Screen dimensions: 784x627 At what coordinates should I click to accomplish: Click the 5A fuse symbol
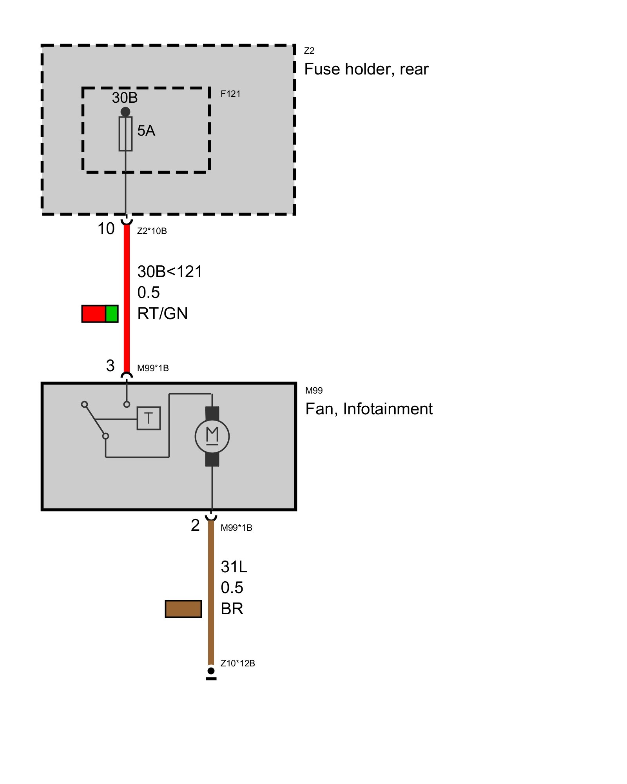125,134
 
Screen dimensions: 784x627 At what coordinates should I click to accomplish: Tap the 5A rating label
146,131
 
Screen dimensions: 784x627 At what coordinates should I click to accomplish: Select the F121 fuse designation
230,94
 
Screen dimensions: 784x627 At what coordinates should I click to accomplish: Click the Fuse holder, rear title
366,69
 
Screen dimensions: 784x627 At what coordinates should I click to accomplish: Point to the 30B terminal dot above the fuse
125,112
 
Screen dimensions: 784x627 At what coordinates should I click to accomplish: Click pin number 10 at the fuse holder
106,229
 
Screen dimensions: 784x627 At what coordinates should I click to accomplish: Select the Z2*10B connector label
152,231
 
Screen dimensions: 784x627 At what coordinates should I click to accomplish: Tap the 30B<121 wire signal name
170,272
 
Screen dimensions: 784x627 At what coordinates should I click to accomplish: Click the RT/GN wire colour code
163,314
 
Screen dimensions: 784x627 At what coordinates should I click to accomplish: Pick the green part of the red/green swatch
112,314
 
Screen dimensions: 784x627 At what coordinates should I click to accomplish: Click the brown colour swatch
183,609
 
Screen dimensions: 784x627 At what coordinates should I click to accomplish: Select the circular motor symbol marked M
212,436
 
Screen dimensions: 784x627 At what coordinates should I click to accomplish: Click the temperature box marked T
149,418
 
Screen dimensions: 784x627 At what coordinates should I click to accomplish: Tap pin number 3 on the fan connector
110,366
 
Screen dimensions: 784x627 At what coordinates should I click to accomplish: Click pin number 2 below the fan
195,525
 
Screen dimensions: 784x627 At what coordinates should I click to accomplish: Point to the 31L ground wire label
234,567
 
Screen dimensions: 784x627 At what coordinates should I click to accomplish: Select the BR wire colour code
232,609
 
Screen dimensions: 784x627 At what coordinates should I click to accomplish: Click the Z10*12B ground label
237,663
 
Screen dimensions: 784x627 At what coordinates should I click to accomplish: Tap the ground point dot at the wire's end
211,671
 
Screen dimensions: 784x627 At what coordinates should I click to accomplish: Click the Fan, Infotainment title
369,409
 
